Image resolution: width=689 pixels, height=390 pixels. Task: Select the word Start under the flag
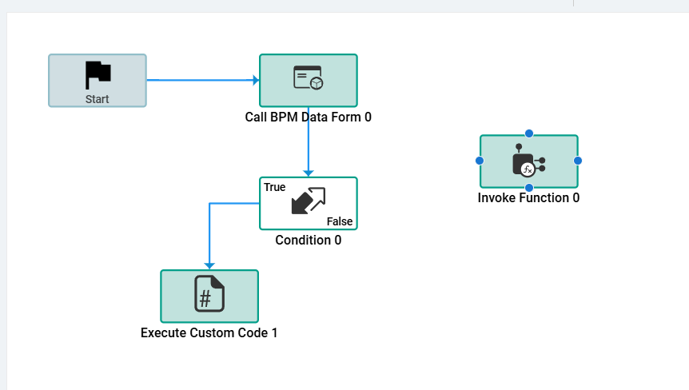(x=98, y=99)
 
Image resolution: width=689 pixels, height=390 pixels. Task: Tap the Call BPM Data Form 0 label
(x=308, y=117)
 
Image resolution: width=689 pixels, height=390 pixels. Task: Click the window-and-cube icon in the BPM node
(x=308, y=78)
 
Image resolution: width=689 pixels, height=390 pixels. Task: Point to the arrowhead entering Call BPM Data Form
(x=256, y=80)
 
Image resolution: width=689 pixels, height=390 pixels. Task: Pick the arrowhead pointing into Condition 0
(x=309, y=173)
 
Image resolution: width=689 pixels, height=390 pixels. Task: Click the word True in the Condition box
(x=274, y=187)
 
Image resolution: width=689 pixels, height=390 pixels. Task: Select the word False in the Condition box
(x=340, y=221)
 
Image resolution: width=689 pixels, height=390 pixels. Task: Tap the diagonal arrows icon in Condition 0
(x=309, y=201)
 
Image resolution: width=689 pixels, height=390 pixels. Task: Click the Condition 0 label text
(x=308, y=240)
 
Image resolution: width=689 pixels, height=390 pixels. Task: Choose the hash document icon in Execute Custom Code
(x=209, y=293)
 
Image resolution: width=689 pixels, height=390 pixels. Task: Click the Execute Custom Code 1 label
(x=209, y=332)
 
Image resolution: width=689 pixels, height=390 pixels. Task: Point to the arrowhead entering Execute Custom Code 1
(x=209, y=265)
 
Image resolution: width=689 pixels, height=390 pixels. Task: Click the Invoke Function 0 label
(x=528, y=197)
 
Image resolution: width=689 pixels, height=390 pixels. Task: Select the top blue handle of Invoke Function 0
(x=528, y=133)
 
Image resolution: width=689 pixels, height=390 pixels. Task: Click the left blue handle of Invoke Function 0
(x=480, y=161)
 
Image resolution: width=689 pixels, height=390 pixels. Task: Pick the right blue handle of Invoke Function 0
(x=578, y=161)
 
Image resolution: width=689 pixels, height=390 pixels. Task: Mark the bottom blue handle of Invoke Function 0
(x=528, y=188)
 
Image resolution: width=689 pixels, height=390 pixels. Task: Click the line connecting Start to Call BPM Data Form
(x=200, y=80)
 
